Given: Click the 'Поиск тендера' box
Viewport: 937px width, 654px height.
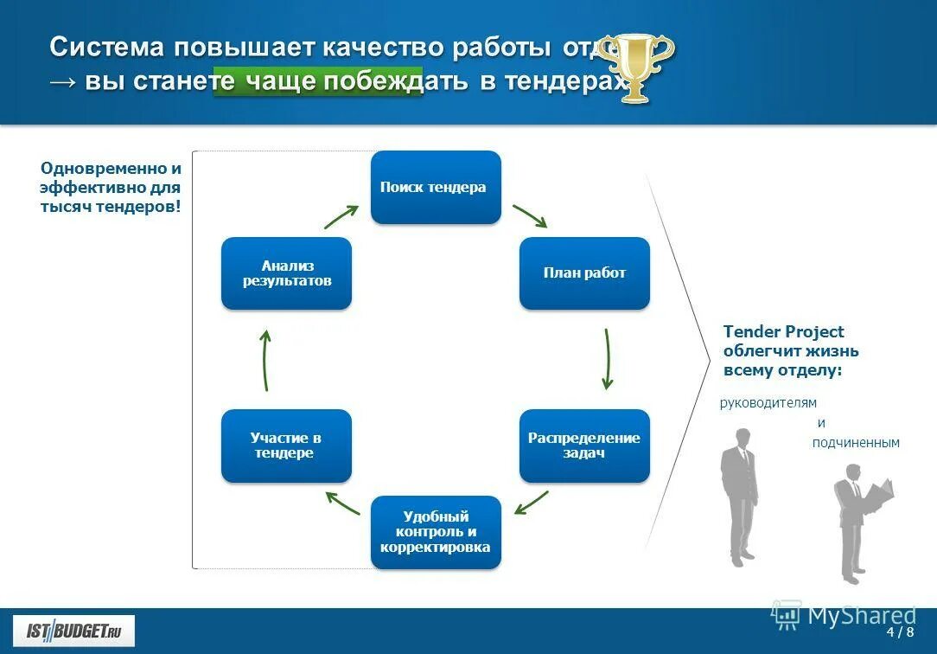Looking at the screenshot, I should [436, 187].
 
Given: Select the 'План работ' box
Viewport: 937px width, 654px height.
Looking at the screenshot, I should [584, 273].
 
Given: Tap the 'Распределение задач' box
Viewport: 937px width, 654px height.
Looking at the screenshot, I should [584, 446].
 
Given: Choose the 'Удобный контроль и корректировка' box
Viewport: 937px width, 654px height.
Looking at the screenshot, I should [436, 532].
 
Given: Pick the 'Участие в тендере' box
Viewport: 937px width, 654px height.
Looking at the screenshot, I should [286, 446].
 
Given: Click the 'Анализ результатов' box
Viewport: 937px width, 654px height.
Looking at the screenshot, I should [286, 273].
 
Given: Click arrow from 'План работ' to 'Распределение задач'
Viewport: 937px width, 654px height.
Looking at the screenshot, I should [608, 358].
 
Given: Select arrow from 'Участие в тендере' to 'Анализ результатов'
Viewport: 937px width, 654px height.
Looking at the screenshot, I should [266, 360].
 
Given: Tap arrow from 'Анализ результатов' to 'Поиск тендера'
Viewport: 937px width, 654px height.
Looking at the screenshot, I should [341, 216].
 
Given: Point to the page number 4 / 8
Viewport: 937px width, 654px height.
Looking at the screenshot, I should [899, 632].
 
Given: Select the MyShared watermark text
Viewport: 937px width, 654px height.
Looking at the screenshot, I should [861, 615].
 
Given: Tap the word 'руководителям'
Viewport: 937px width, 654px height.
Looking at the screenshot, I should [768, 402].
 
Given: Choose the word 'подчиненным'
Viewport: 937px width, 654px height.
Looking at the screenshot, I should [856, 443].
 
